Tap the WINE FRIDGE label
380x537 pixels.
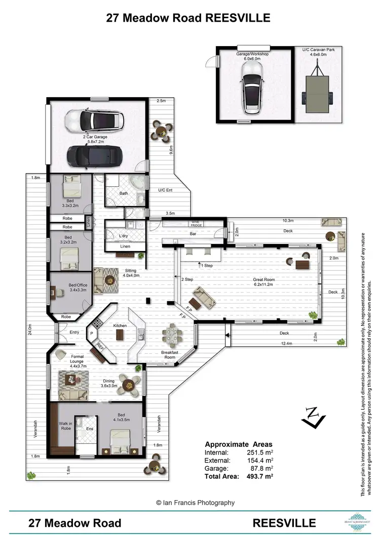(x=197, y=224)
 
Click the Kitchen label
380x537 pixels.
(x=120, y=325)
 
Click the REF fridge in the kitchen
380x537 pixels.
(x=100, y=348)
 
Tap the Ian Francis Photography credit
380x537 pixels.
(x=195, y=503)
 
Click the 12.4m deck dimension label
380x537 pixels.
(x=286, y=344)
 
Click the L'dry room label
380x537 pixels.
(x=123, y=236)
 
